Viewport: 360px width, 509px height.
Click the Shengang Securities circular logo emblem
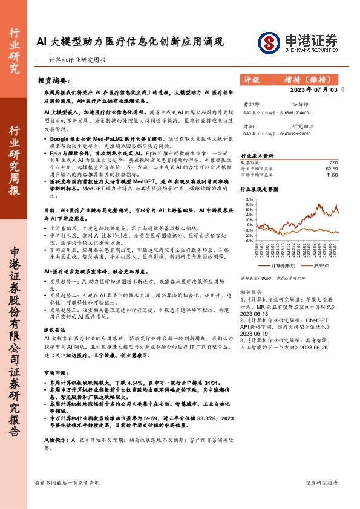pos(270,42)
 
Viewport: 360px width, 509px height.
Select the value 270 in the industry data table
pos(333,163)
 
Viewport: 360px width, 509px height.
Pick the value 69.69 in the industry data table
pos(331,169)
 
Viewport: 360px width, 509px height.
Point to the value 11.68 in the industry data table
pos(332,175)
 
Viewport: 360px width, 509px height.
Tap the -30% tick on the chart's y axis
pos(249,240)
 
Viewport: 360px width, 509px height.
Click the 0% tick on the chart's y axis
pos(250,224)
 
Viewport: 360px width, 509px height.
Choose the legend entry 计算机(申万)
pos(281,265)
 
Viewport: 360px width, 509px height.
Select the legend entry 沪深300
pos(321,265)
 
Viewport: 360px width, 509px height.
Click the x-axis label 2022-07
pos(257,249)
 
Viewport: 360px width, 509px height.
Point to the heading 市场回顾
pos(54,373)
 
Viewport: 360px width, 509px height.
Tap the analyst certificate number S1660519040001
pos(295,112)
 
